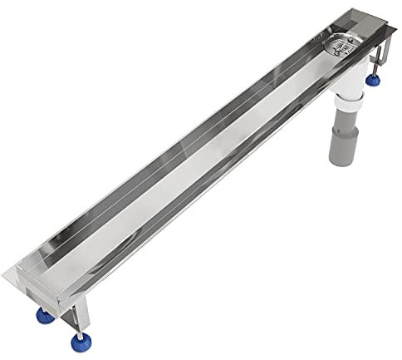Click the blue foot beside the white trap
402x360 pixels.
375,81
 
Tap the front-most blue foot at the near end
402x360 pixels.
81,342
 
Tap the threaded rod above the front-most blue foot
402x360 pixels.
80,326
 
